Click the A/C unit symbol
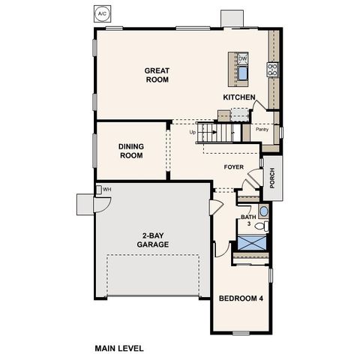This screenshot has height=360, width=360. [101, 14]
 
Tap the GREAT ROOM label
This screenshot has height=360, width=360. [157, 75]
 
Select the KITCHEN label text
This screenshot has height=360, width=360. [240, 97]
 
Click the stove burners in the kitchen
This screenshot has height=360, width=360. [272, 70]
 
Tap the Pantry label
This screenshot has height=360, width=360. [262, 130]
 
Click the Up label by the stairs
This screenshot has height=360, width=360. [193, 133]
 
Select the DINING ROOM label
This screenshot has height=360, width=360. [130, 151]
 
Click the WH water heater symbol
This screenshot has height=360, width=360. [106, 190]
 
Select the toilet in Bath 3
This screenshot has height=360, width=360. [259, 226]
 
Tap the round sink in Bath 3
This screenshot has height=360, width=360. [262, 210]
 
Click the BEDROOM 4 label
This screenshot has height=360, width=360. [241, 298]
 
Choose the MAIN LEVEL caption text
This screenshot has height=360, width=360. [118, 349]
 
